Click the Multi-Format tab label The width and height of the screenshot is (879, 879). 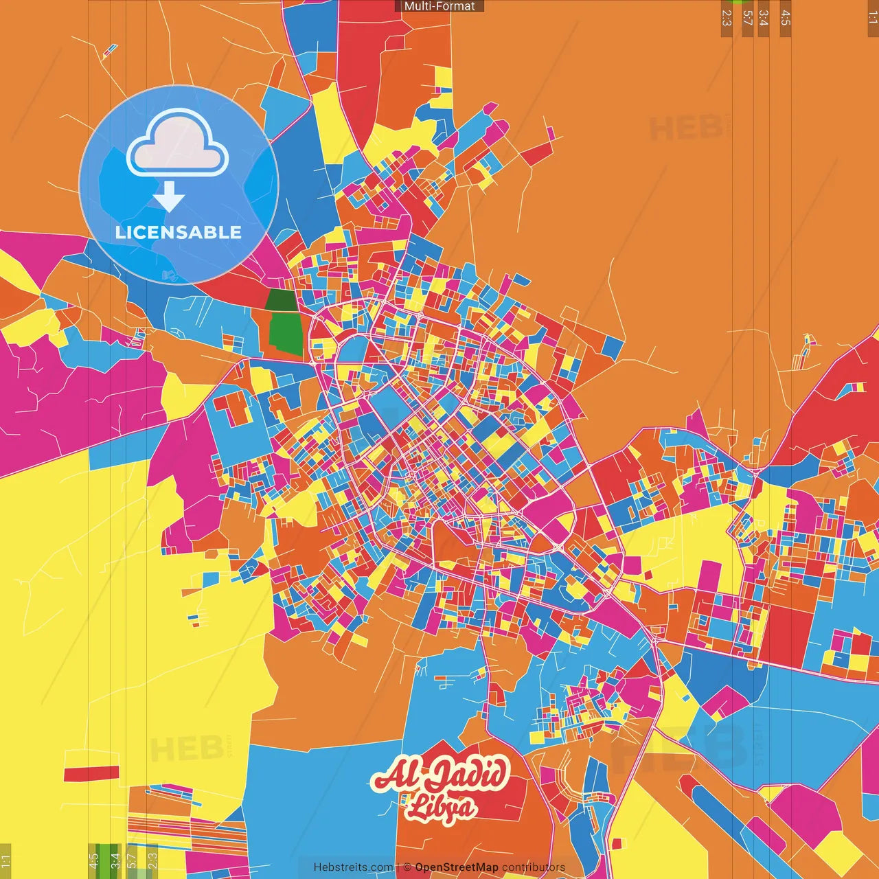coord(439,6)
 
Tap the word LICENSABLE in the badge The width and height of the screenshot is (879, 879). coord(179,232)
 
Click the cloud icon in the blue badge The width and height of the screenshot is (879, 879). coord(177,145)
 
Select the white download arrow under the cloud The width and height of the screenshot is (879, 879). coord(169,197)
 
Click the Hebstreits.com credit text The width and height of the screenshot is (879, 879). coord(353,867)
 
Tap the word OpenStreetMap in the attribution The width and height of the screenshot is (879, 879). coord(457,867)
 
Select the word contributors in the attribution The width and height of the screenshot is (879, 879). coord(534,867)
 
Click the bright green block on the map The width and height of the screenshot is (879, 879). coord(286,332)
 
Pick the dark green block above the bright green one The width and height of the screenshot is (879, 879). coord(280,300)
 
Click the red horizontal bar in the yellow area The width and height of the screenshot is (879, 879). coord(91,773)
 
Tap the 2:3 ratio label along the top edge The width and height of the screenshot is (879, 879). coord(727,19)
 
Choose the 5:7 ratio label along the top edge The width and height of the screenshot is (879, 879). coord(747,19)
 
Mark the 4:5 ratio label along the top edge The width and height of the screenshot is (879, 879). coord(786,19)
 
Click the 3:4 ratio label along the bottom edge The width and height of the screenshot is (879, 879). coord(115,860)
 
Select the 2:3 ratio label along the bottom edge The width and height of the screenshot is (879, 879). coord(152,860)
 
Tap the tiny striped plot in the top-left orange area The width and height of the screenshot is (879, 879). coord(110,49)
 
